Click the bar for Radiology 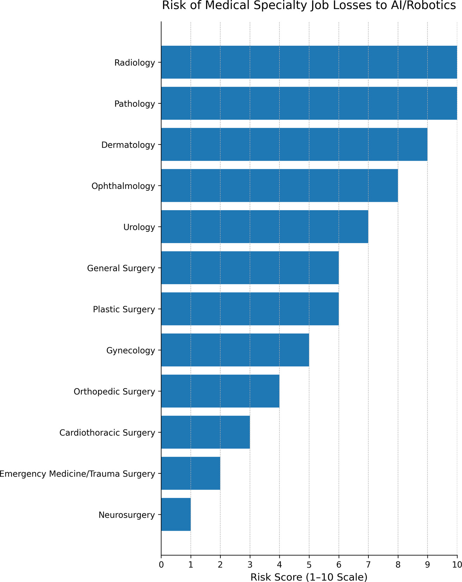[x=309, y=62]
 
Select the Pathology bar [x=309, y=103]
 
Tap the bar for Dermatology [x=294, y=145]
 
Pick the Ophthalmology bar [x=279, y=186]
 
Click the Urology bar [x=265, y=227]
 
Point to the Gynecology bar [x=235, y=350]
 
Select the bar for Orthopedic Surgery [x=220, y=391]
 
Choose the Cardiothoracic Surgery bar [x=205, y=432]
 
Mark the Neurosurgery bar [x=176, y=514]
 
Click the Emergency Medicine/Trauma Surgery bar [x=191, y=473]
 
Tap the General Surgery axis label [x=121, y=268]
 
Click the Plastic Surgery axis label [x=124, y=309]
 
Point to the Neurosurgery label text [x=127, y=515]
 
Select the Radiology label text [x=134, y=63]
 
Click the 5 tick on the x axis [x=309, y=564]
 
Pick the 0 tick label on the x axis [x=161, y=564]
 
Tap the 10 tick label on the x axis [x=457, y=564]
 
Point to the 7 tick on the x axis [x=368, y=564]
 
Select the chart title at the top [x=309, y=6]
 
